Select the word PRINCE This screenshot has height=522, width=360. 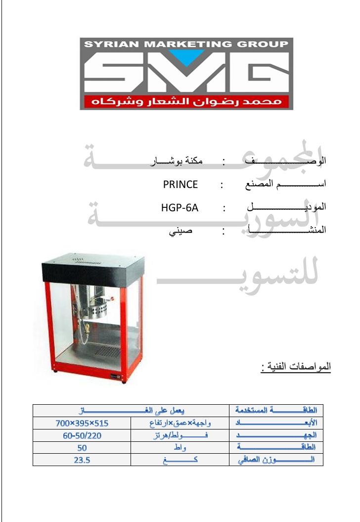180,185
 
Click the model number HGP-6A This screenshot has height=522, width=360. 180,208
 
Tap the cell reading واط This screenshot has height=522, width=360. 180,448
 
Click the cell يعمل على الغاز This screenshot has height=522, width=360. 131,411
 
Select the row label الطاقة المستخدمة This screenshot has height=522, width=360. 275,411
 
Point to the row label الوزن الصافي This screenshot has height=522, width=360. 275,460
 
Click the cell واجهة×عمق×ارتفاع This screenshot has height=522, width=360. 180,423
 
